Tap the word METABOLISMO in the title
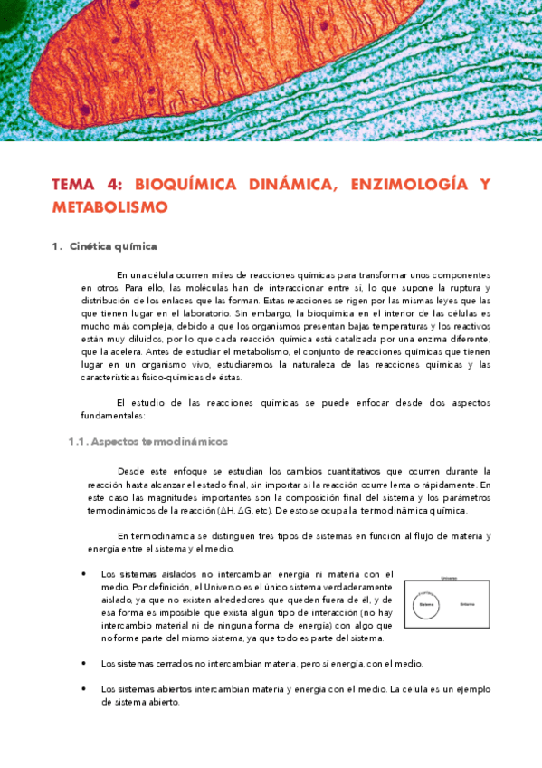tap(110, 207)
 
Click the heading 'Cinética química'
tap(113, 245)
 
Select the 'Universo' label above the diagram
tap(447, 577)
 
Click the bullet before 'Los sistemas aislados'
tap(83, 573)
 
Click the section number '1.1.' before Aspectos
tap(78, 442)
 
